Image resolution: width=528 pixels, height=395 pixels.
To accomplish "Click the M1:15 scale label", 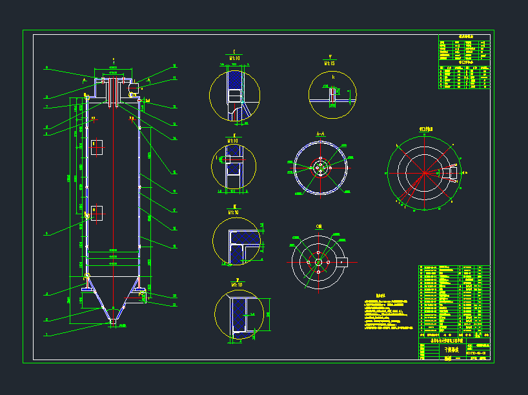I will [x=330, y=63].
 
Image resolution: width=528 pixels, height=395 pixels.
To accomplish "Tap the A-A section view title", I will [x=320, y=134].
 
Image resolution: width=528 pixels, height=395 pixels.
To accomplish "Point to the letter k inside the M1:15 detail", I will [x=333, y=77].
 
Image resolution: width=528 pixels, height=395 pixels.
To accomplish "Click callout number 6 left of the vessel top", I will [x=46, y=68].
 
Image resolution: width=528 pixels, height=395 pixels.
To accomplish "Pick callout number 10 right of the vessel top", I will [x=174, y=66].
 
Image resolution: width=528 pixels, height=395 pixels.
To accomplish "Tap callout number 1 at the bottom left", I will [x=46, y=334].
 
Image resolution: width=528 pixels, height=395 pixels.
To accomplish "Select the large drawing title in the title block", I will [x=449, y=349].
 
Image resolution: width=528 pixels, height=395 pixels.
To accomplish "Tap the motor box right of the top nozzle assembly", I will [x=132, y=87].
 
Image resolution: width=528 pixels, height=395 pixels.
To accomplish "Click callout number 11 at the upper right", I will [x=174, y=78].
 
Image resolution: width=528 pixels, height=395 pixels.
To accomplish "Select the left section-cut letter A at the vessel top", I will [x=85, y=79].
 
